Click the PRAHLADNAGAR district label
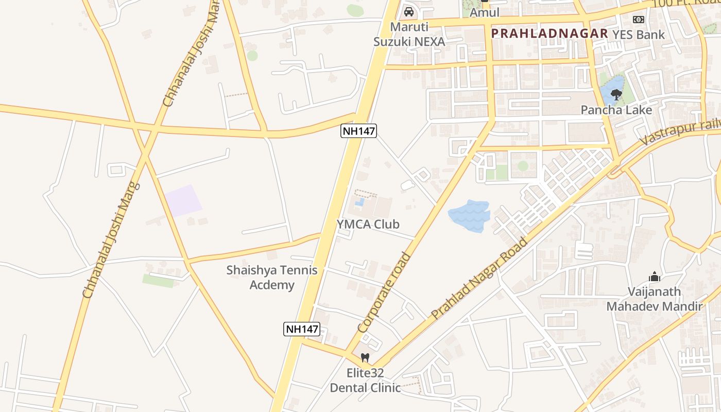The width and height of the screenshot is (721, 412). click(549, 33)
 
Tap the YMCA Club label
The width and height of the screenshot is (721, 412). click(368, 224)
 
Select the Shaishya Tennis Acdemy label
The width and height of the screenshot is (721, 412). click(272, 278)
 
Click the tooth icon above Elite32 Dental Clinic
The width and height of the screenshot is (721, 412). click(365, 357)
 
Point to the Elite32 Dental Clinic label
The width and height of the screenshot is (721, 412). click(365, 381)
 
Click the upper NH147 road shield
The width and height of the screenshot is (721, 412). click(359, 131)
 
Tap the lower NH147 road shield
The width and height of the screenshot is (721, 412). click(302, 329)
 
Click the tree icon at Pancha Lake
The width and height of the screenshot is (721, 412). click(615, 95)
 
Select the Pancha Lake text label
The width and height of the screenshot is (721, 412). click(616, 110)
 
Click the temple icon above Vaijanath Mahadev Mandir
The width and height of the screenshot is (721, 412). click(655, 277)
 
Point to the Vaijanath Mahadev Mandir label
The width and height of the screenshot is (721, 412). click(654, 299)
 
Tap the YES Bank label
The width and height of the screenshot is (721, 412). click(639, 35)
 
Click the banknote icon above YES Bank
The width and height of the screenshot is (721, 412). click(639, 20)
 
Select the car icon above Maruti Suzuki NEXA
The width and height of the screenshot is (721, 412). click(409, 11)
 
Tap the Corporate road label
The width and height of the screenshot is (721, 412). click(384, 292)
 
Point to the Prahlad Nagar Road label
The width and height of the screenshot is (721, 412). click(479, 278)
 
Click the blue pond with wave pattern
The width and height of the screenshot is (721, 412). click(469, 215)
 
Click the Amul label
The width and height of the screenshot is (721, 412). click(485, 12)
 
